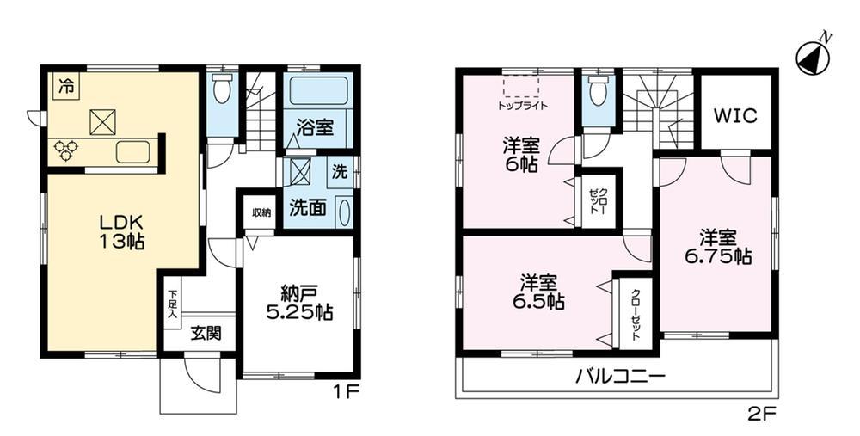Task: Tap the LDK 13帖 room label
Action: coord(122,231)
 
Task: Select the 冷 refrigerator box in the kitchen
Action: coord(66,86)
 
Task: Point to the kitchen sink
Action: coord(132,151)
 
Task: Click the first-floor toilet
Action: coord(222,89)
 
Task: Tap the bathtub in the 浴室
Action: coord(318,91)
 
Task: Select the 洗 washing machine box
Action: coord(341,173)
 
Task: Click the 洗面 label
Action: coord(308,207)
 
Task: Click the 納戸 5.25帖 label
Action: coord(299,303)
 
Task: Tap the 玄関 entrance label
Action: coord(206,333)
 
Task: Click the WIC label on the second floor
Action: coord(735,116)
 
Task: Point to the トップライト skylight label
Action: coord(522,106)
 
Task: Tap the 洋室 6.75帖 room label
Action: coord(717,248)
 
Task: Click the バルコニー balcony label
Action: coord(620,377)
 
